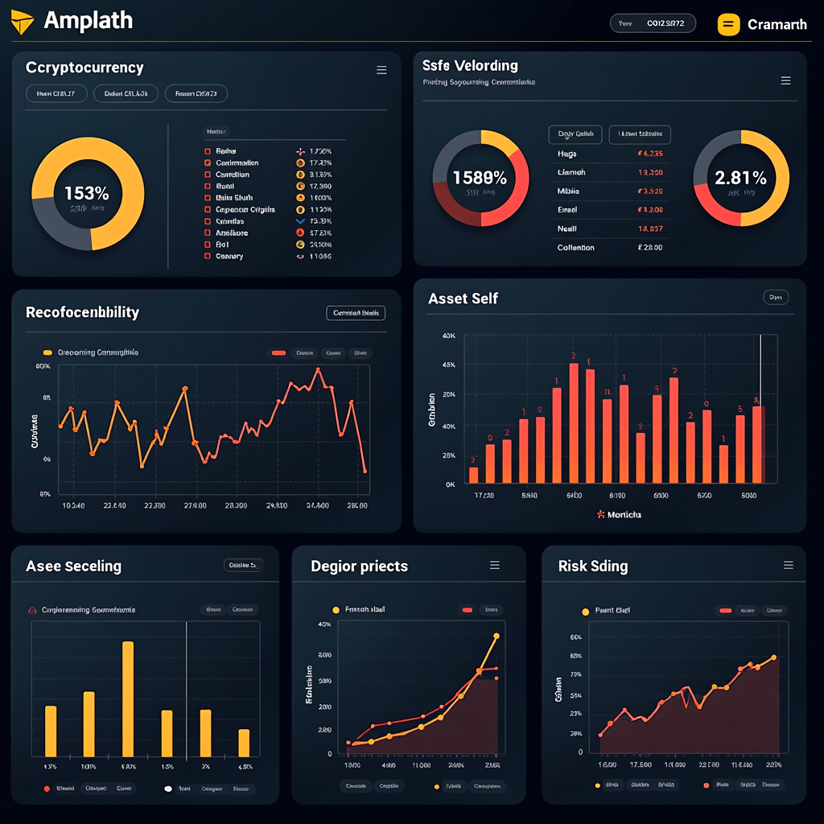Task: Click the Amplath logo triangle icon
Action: pyautogui.click(x=23, y=23)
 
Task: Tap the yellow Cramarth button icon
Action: pyautogui.click(x=727, y=24)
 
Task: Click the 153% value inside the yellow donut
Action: pyautogui.click(x=86, y=193)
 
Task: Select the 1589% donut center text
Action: pyautogui.click(x=480, y=178)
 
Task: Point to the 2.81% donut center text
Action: pyautogui.click(x=740, y=178)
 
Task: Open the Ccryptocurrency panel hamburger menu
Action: pyautogui.click(x=381, y=71)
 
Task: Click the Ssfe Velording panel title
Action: pyautogui.click(x=470, y=65)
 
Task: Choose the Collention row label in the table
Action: pyautogui.click(x=575, y=248)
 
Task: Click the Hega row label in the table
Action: pyautogui.click(x=566, y=153)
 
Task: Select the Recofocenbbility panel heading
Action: pyautogui.click(x=82, y=312)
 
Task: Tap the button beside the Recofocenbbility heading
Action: pyautogui.click(x=355, y=313)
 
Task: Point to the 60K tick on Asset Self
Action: pyautogui.click(x=448, y=336)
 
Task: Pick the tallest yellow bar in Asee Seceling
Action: pyautogui.click(x=128, y=698)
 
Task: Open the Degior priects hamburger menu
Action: pyautogui.click(x=495, y=566)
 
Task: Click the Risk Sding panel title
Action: pyautogui.click(x=592, y=566)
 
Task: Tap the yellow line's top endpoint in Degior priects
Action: pyautogui.click(x=496, y=637)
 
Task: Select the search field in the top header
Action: pyautogui.click(x=652, y=24)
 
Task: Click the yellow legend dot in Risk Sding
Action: pyautogui.click(x=585, y=611)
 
